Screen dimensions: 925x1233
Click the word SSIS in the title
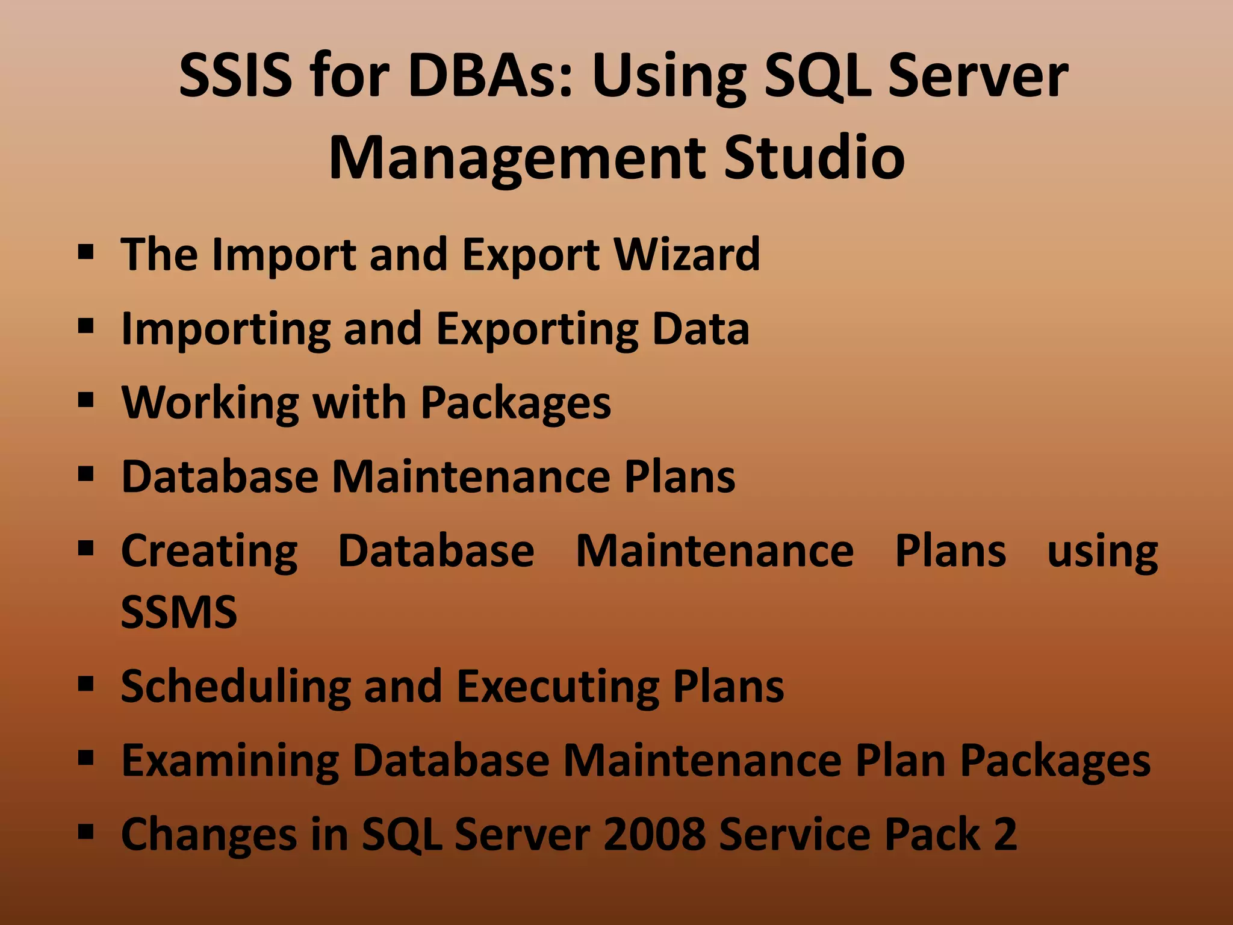point(237,75)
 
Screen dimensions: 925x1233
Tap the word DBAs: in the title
point(490,75)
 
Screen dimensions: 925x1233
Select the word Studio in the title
point(814,158)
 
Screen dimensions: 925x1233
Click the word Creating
point(209,552)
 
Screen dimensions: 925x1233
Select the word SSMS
point(179,612)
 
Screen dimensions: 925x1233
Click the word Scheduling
point(235,687)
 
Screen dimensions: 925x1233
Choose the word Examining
point(230,761)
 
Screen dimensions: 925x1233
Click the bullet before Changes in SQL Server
point(86,832)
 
